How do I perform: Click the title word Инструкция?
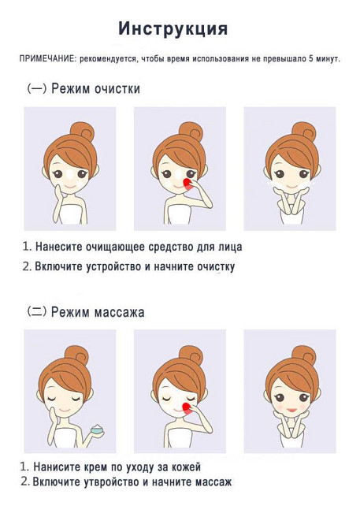tap(173, 29)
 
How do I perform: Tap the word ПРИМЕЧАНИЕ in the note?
tap(47, 58)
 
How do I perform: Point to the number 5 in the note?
tap(311, 58)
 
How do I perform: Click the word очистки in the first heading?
tap(117, 89)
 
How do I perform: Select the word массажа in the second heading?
tap(119, 312)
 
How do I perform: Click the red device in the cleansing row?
tap(187, 184)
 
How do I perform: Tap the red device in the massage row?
tap(187, 408)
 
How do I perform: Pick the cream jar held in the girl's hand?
tap(98, 429)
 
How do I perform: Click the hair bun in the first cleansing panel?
tap(83, 132)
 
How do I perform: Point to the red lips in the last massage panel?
tap(291, 410)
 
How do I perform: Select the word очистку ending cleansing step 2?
tap(216, 266)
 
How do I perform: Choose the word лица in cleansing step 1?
tap(231, 247)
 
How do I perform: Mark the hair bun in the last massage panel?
tap(304, 355)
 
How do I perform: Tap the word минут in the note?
tap(328, 59)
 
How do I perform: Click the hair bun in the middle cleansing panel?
tap(191, 132)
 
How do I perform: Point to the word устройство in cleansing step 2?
tap(113, 266)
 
